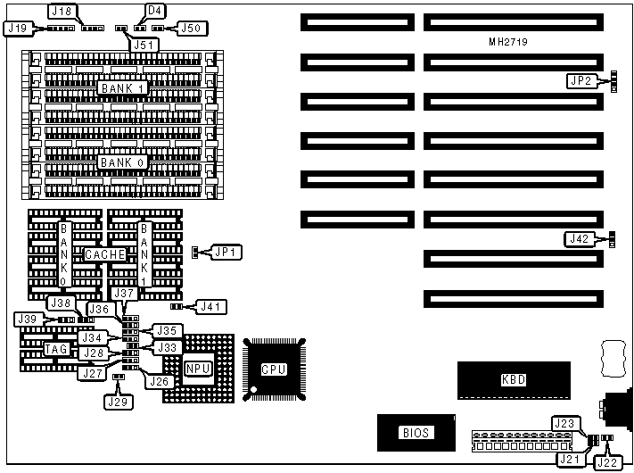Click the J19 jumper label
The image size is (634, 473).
[17, 29]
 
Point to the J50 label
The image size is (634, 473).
[191, 29]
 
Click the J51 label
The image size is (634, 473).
[144, 44]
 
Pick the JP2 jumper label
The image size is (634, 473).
[580, 81]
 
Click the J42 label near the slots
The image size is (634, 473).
[580, 238]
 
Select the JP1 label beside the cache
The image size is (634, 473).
[225, 252]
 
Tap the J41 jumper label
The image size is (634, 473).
[210, 307]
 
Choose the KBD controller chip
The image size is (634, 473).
[514, 379]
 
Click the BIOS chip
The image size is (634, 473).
[416, 433]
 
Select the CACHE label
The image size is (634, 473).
[106, 254]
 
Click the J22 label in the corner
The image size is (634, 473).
[607, 461]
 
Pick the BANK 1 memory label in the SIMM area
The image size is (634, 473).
[123, 88]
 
